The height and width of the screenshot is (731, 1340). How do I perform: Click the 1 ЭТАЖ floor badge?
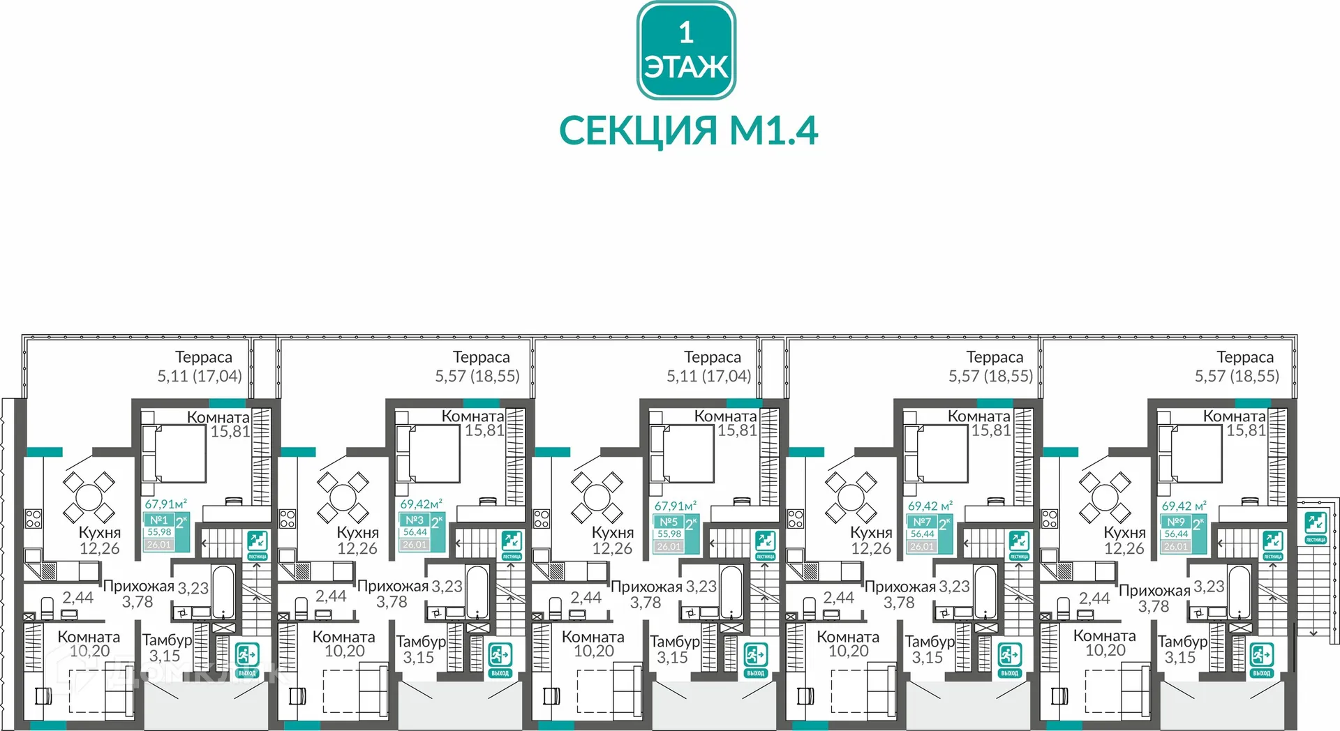coord(686,50)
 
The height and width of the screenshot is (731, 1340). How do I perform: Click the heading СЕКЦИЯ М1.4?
coord(688,130)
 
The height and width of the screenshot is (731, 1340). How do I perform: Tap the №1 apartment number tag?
coord(159,520)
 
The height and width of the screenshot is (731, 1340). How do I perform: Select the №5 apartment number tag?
coord(669,522)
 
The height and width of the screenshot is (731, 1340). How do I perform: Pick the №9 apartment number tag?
coord(1176,522)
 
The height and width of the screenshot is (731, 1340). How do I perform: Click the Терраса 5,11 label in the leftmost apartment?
coord(201,367)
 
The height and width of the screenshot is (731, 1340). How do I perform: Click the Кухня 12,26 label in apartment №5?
coord(612,541)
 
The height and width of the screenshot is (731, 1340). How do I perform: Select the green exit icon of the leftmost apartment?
coord(246,656)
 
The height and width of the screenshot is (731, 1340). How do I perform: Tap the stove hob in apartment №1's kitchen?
coord(33,518)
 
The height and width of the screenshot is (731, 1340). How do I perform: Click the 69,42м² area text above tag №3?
coord(421,504)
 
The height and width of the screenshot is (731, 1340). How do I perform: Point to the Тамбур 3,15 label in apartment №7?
coord(928,649)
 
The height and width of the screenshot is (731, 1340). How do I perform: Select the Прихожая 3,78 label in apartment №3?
coord(392,594)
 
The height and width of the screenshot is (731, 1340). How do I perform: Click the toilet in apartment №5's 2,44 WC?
coord(556,608)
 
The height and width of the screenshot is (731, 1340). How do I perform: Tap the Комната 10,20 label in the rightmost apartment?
coord(1105,643)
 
